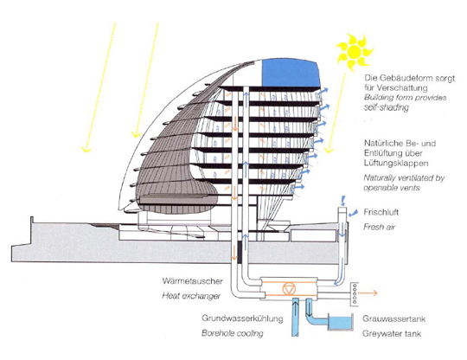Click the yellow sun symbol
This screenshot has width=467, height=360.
tap(355, 52)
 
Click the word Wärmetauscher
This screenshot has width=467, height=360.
tap(192, 281)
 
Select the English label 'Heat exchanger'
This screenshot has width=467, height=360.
tap(191, 296)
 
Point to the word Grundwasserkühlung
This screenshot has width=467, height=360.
tap(242, 318)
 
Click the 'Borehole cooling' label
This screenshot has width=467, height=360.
tap(233, 333)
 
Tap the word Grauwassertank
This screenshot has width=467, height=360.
tap(393, 318)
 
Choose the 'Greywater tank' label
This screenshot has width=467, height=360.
tap(392, 333)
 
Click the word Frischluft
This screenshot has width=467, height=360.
tap(381, 212)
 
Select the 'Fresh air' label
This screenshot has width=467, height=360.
tap(379, 227)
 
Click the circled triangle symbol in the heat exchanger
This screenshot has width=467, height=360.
tap(288, 289)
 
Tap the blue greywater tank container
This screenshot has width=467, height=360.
tap(340, 322)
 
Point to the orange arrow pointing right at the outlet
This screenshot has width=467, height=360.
tap(368, 293)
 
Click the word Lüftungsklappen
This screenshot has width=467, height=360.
tap(396, 163)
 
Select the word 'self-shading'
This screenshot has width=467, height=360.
tap(387, 107)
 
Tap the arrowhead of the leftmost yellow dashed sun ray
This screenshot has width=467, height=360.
tap(86, 149)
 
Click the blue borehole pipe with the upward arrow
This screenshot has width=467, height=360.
tap(296, 317)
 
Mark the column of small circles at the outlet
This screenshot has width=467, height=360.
tap(355, 293)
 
